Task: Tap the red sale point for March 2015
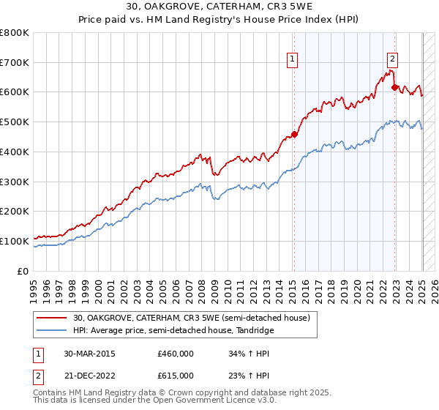(294, 134)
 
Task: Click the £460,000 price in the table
(176, 354)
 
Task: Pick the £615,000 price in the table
(176, 376)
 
